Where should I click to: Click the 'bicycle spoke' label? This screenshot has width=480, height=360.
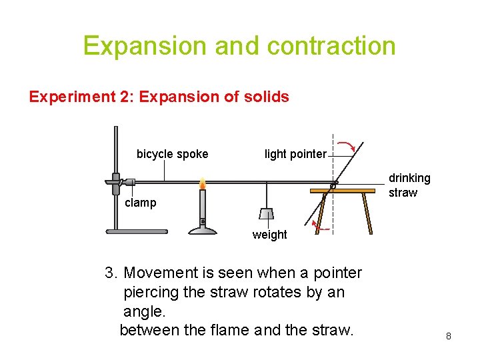coord(172,154)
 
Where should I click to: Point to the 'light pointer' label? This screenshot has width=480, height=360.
coord(295,154)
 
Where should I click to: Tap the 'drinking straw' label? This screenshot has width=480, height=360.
coord(409,185)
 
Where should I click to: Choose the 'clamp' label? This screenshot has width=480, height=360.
coord(140,203)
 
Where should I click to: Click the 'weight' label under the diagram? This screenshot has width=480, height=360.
coord(269,235)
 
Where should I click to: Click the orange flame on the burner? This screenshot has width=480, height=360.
coord(203,183)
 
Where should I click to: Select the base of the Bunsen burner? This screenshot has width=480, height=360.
coord(203,230)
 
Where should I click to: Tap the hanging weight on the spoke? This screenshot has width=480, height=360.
coord(267,213)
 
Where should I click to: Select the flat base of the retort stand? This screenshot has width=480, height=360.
coord(137,232)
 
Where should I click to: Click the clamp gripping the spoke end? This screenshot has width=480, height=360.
coord(120,181)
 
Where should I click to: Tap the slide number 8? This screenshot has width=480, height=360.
coord(449,337)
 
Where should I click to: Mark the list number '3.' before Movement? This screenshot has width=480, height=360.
coord(111,273)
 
